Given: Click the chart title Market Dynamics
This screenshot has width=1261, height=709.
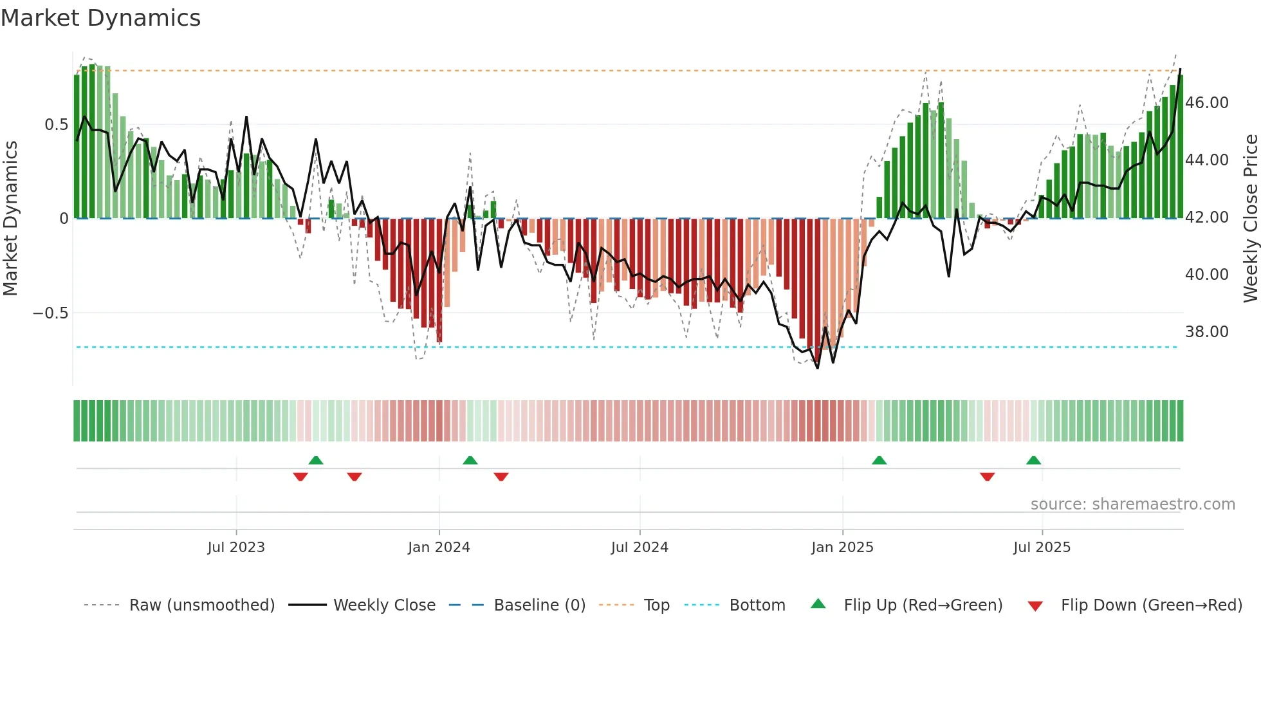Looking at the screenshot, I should coord(100,18).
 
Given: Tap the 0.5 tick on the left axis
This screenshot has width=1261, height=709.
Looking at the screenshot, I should coord(56,125).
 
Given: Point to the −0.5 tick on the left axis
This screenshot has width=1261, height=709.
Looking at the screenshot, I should coord(50,313).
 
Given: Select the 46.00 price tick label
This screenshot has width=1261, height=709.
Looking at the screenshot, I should coord(1207,103).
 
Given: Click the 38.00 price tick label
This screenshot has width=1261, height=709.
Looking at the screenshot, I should coord(1207,332).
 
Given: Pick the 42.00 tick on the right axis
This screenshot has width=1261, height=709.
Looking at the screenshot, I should coord(1207,217).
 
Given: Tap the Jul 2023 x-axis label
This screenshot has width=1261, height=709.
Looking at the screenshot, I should coord(236,548).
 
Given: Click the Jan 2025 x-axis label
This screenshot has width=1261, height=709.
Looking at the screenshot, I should coord(842,548).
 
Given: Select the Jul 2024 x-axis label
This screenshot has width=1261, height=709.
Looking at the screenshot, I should coord(640,548).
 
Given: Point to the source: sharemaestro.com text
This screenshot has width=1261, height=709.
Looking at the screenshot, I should coord(1132,504).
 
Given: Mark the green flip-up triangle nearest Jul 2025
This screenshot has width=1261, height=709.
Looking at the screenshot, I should coord(1033,461).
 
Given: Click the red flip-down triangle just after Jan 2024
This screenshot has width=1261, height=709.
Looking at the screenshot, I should coord(501,477).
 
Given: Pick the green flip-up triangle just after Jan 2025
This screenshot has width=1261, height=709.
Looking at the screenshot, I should coord(879,461).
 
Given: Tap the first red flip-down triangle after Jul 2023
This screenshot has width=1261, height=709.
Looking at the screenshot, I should coord(300,477).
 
